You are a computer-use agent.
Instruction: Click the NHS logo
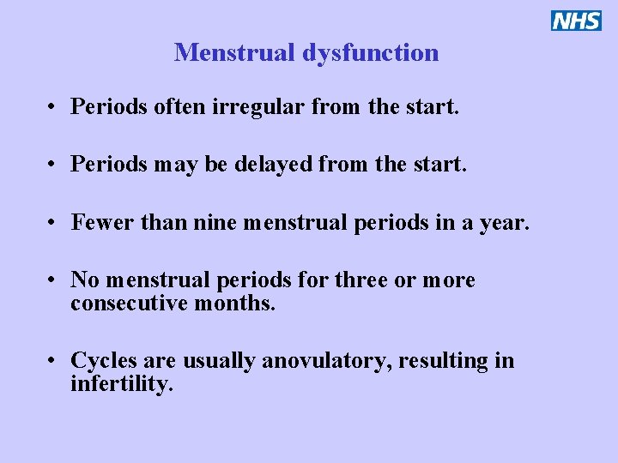(x=576, y=21)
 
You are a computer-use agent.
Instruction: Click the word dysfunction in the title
(x=370, y=53)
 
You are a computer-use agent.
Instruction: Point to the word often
(x=181, y=107)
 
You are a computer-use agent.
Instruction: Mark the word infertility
(x=122, y=383)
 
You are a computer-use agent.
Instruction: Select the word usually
(x=221, y=361)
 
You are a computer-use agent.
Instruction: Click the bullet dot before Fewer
(x=53, y=224)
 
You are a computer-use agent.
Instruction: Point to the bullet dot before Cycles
(x=53, y=361)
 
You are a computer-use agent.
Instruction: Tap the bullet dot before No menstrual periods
(x=53, y=281)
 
